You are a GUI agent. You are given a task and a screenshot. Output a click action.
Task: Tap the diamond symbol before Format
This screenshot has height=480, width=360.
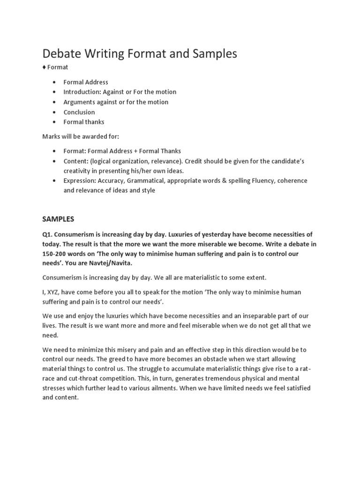coord(44,67)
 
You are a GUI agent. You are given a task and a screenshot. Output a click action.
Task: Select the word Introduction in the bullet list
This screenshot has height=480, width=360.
coord(82,92)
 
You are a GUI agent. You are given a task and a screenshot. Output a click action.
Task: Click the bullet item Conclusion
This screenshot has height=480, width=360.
coord(79,112)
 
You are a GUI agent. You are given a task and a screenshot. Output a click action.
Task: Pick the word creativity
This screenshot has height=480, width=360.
coord(78,171)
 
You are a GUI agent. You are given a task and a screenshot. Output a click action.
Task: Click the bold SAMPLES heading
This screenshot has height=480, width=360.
coord(58,219)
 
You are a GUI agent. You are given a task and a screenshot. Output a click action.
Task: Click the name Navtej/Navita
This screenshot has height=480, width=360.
coord(114,262)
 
